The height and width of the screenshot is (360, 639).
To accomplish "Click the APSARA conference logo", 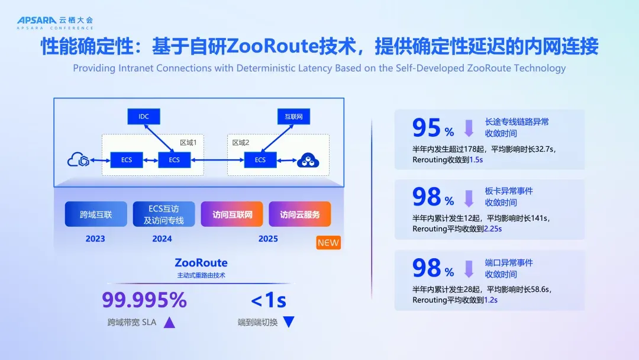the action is point(54,22).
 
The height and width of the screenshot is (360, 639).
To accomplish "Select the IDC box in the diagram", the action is point(143,117).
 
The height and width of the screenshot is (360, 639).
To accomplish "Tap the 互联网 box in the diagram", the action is point(293,117).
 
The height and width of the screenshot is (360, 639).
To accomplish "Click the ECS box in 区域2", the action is point(260,160).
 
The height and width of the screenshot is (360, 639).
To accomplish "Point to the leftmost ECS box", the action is point(127,160).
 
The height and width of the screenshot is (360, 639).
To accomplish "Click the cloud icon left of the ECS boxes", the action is point(79,160).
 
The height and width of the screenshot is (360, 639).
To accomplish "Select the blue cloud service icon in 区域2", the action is point(308,160).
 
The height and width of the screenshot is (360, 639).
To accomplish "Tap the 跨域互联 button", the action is point(96,214).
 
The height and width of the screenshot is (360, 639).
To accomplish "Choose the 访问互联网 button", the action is point(233,214).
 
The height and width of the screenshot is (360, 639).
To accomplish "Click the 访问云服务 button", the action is point(300,214).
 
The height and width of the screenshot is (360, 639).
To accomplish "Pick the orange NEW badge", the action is point(328,243).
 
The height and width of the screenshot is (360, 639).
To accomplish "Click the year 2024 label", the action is point(162,239).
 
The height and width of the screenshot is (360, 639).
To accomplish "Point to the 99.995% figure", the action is point(144,300).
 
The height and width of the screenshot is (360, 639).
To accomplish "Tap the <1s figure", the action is point(269,300).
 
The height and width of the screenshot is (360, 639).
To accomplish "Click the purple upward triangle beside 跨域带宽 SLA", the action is point(169,323).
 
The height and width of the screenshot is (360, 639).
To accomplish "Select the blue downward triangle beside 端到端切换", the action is point(289,323).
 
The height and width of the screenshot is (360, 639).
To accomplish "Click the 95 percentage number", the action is point(427,127).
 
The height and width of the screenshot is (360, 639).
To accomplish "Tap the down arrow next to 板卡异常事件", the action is point(469,198).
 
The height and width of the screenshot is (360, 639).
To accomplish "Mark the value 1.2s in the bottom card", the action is point(490,300).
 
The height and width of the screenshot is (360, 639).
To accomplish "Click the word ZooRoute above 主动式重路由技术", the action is point(201,262).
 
